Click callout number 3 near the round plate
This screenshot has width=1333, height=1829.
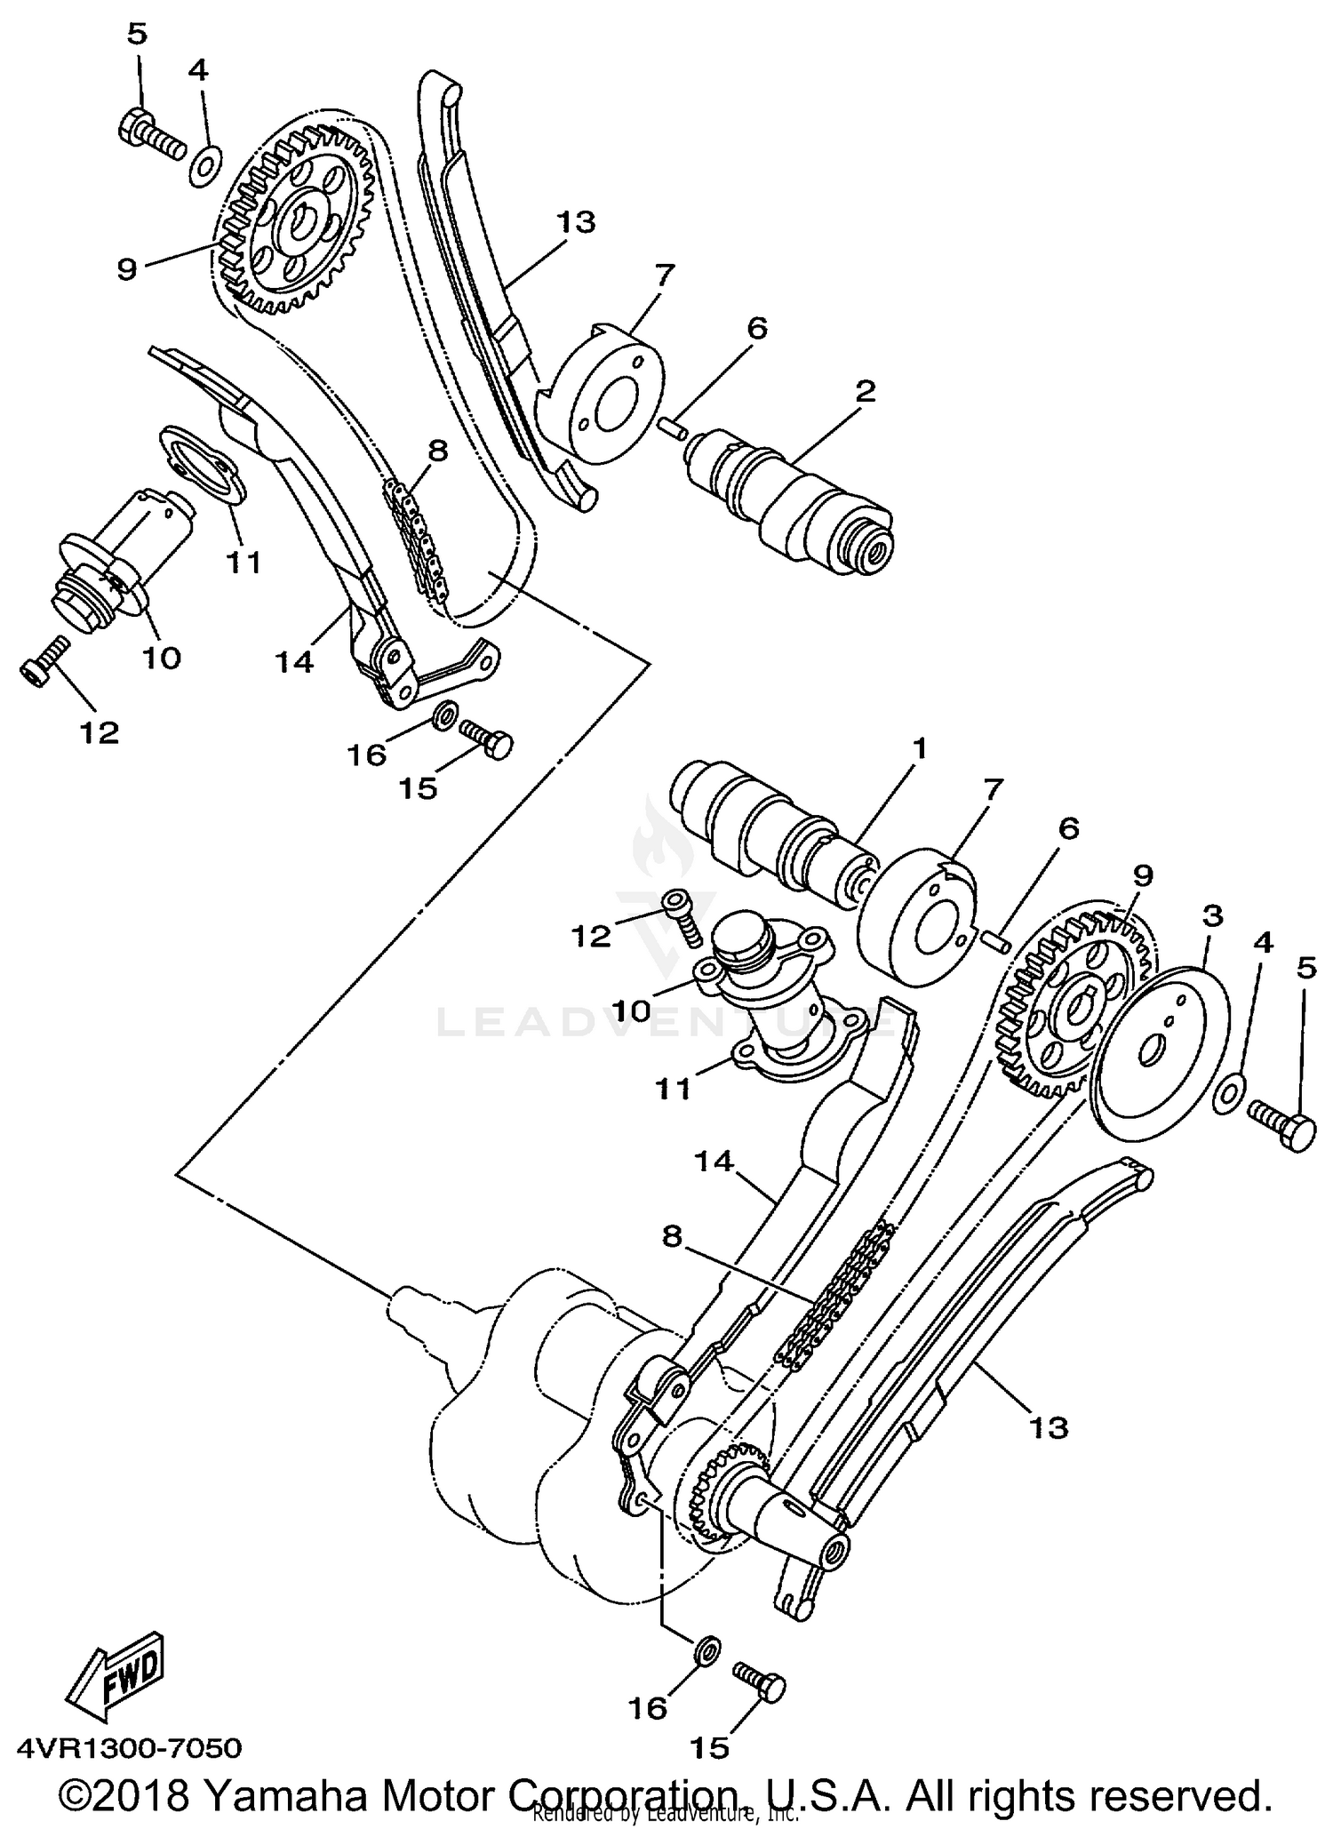(1212, 915)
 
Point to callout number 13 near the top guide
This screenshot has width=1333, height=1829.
(575, 221)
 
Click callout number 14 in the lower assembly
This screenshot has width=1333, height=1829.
(713, 1162)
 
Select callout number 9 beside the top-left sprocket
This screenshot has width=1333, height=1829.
(126, 268)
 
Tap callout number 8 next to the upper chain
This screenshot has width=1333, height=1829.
(437, 450)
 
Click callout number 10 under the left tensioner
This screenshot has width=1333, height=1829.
(163, 657)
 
